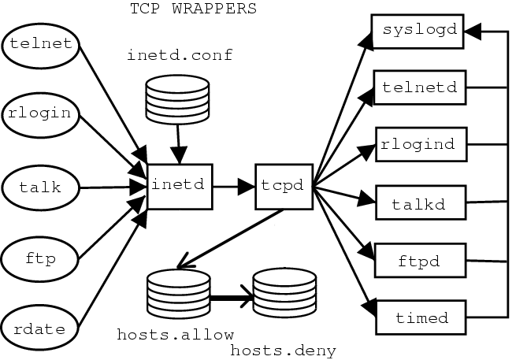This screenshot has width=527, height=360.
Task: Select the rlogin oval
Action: pyautogui.click(x=41, y=113)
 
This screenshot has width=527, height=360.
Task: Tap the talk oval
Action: pyautogui.click(x=41, y=187)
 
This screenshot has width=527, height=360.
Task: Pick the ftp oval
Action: pyautogui.click(x=41, y=257)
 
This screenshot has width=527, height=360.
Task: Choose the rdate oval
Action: pyautogui.click(x=41, y=325)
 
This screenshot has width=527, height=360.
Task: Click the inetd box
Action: pyautogui.click(x=180, y=186)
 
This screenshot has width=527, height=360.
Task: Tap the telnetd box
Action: pyautogui.click(x=419, y=87)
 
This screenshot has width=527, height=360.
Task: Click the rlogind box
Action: pyautogui.click(x=419, y=145)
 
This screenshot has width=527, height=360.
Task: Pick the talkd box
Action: pyautogui.click(x=419, y=205)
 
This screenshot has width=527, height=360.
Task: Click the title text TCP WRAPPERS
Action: pyautogui.click(x=192, y=9)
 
